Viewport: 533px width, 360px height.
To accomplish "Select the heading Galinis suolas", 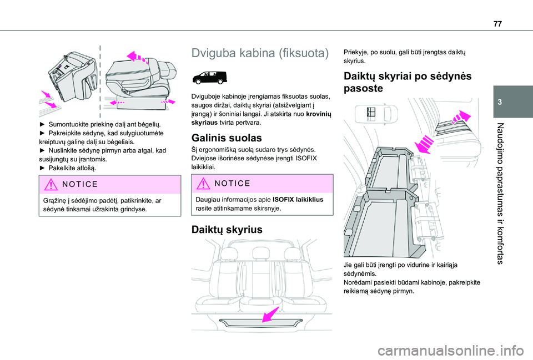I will (x=222, y=138).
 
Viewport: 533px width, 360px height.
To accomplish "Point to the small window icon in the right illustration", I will (x=371, y=113).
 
